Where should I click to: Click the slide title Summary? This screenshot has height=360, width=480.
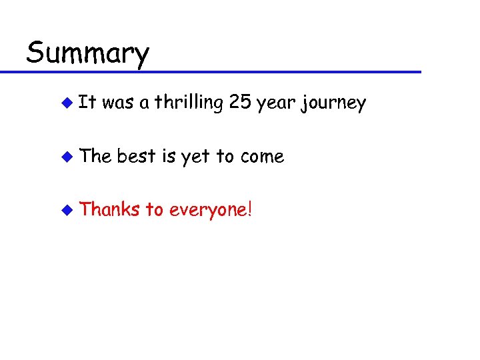coord(87,52)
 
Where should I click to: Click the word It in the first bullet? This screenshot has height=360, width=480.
coord(87,103)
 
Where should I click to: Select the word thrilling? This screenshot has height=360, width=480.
coord(189,103)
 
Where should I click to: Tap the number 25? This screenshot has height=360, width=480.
coord(239,103)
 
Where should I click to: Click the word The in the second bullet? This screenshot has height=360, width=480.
coord(95,156)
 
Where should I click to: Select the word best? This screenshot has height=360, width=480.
coord(136,156)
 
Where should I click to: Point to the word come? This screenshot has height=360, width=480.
coord(262,157)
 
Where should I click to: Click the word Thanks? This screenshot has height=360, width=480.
coord(109,209)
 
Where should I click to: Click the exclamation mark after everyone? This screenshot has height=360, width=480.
coord(250,209)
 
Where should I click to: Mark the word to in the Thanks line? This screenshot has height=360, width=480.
coord(154,210)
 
